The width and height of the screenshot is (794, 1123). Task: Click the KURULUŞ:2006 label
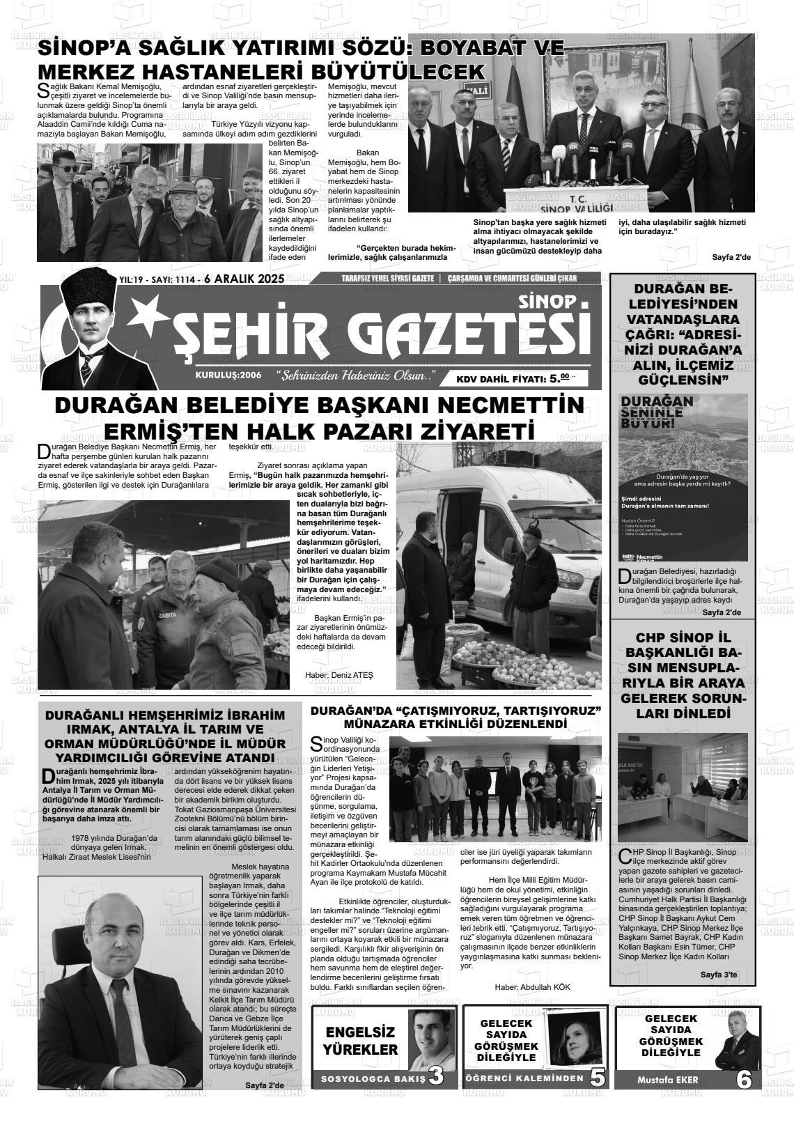(228, 375)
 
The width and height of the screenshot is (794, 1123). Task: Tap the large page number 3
(437, 1076)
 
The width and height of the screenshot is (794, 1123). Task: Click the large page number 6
(744, 1080)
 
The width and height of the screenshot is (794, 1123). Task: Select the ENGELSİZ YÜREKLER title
(361, 1041)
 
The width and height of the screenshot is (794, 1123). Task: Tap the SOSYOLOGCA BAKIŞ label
(372, 1079)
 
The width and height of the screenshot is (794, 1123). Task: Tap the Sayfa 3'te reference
(718, 975)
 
